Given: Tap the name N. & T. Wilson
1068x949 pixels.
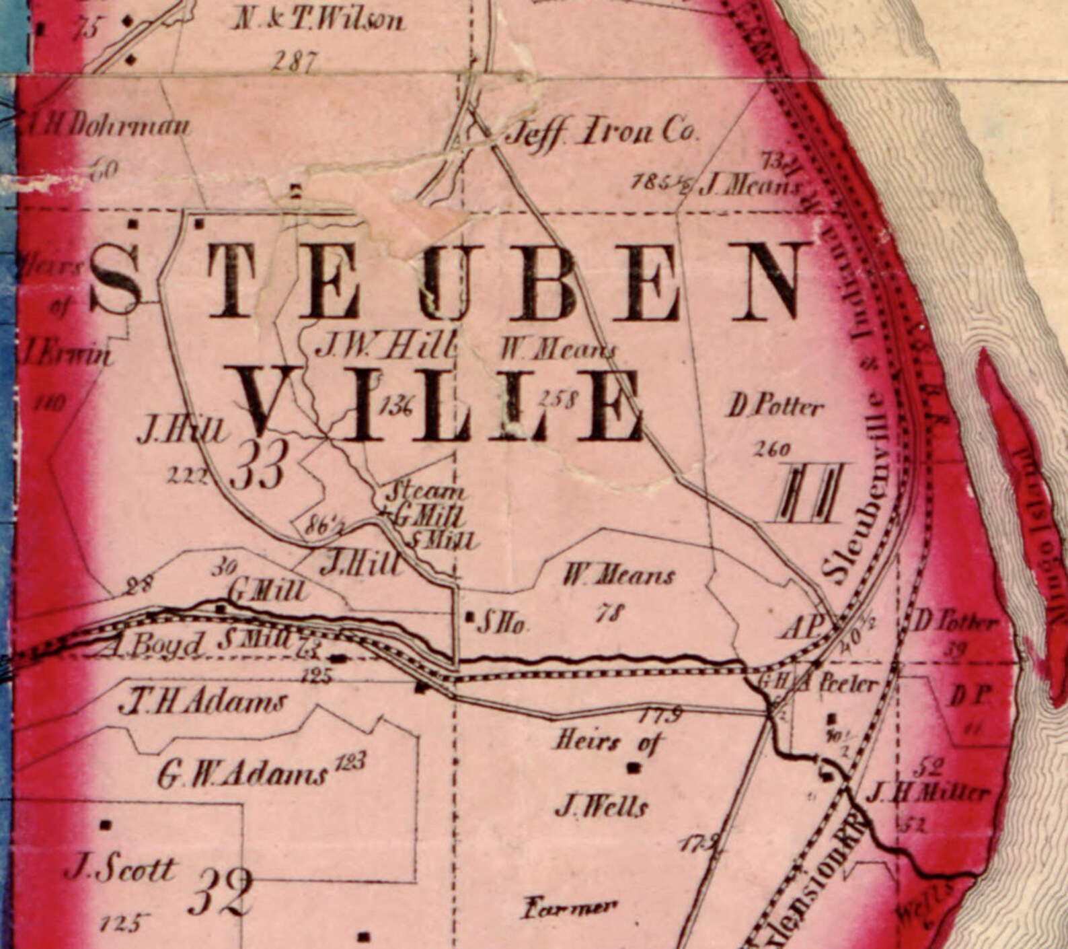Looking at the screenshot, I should point(319,20).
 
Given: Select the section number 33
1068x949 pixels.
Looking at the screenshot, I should point(259,464).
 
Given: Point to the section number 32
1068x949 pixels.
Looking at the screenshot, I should point(220,892).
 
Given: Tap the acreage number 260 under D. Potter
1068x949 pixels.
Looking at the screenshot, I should point(771,449).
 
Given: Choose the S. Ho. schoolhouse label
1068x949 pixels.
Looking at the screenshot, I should point(500,625).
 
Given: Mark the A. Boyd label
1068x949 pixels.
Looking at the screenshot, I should point(151,645).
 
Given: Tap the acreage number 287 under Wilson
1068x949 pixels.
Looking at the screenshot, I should point(295,62).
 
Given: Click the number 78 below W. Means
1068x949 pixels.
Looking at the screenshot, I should point(611,612).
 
